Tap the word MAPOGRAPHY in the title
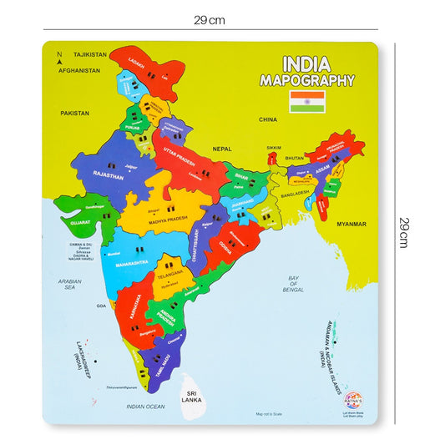click(x=306, y=81)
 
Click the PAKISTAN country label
click(x=74, y=111)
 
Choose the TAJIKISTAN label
click(x=90, y=54)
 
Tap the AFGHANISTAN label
click(x=79, y=71)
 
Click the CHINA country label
click(x=267, y=119)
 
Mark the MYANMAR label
click(x=351, y=225)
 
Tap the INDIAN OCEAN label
click(x=144, y=407)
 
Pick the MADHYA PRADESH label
click(x=157, y=221)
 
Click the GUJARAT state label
click(x=79, y=224)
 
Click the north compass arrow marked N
click(x=58, y=58)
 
